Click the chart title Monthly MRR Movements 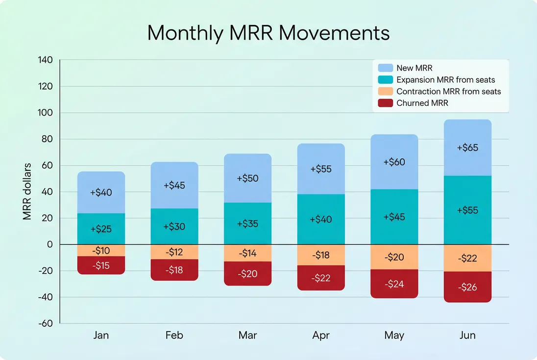[x=268, y=33]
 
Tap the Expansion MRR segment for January [x=101, y=229]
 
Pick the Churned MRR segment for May [x=394, y=284]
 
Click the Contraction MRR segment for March [x=247, y=253]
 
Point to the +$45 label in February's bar [x=174, y=185]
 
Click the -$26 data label [x=467, y=288]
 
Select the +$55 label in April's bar [x=321, y=169]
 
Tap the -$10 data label [x=101, y=250]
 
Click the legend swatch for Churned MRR [x=386, y=103]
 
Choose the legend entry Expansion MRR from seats [x=445, y=80]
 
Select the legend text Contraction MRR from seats [x=448, y=92]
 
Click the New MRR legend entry [x=414, y=68]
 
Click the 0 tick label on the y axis [x=49, y=244]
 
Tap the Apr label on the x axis [x=321, y=336]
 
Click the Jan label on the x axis [x=101, y=336]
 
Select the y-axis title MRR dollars [x=27, y=192]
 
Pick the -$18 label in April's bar [x=321, y=255]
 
